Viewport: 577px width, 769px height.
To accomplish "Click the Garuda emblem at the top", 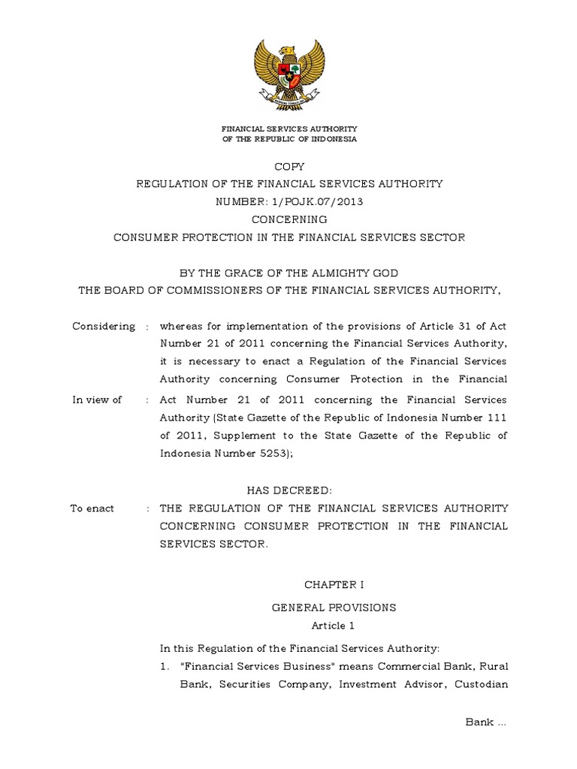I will (289, 74).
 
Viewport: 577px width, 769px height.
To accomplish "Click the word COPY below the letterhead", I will (289, 166).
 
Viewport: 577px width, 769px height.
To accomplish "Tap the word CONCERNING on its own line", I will (289, 220).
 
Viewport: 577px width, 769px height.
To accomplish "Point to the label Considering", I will (104, 326).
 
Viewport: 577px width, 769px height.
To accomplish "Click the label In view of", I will (97, 400).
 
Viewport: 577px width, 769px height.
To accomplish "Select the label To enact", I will (92, 508).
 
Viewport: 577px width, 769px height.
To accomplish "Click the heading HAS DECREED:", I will (289, 490).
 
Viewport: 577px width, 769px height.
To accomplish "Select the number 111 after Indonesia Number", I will (495, 418).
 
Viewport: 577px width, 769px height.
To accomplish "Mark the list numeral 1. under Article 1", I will (166, 666).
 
